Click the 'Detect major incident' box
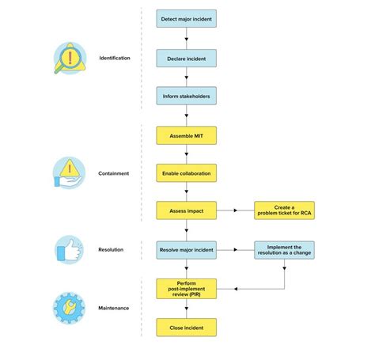point(186,17)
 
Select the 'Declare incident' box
point(186,58)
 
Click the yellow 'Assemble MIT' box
point(186,135)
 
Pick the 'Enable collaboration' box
point(186,172)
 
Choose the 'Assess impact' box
point(186,210)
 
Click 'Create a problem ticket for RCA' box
point(283,210)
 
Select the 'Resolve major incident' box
point(186,250)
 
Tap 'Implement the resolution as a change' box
point(283,250)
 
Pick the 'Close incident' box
point(186,326)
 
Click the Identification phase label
point(115,59)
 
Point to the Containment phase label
point(115,172)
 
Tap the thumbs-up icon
point(71,251)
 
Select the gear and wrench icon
point(71,308)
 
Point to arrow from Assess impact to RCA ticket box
point(234,210)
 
